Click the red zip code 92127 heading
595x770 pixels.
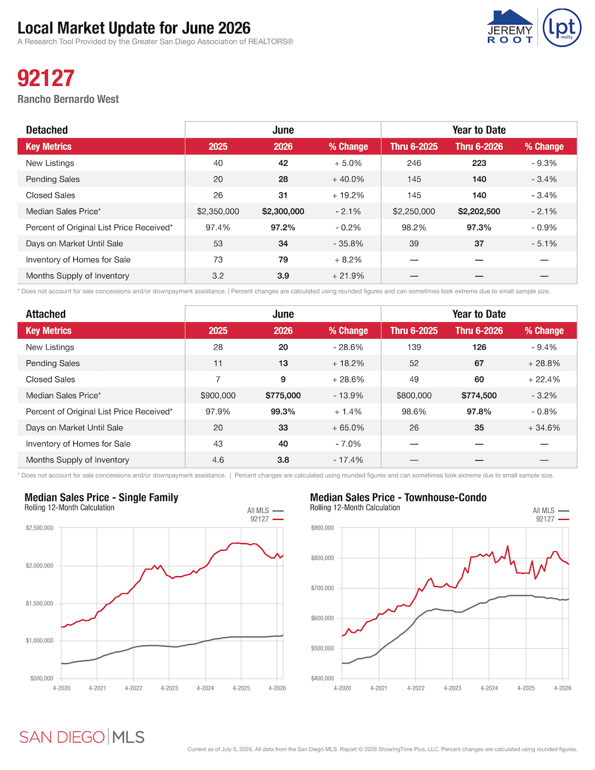coord(46,78)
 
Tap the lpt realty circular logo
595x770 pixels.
coord(562,28)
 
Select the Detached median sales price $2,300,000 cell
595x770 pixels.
coord(283,212)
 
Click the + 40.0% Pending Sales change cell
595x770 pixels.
coord(348,180)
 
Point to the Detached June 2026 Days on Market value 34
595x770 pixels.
coord(283,243)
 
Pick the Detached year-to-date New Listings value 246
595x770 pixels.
coord(414,163)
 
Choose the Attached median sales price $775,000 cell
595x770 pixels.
coord(283,395)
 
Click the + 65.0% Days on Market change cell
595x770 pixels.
coord(348,428)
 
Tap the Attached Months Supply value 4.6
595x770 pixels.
coord(218,460)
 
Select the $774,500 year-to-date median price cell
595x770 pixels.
coord(479,395)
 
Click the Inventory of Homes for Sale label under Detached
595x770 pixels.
coord(78,260)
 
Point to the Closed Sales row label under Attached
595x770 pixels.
coord(50,379)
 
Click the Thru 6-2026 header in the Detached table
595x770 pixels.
coord(479,147)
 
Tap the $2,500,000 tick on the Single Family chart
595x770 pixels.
coord(39,528)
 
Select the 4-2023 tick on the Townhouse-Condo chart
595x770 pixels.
coord(452,688)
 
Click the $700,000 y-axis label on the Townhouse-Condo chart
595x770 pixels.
coord(322,588)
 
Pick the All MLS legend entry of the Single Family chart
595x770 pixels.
coord(265,511)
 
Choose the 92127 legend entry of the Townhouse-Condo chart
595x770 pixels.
coord(552,519)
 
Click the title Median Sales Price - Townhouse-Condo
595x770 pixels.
coord(398,497)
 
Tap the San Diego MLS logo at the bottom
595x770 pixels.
coord(82,738)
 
